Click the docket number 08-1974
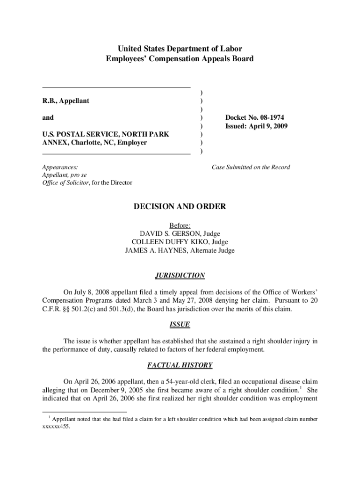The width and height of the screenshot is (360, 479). coord(268,117)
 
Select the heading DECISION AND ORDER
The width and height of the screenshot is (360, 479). coord(180,206)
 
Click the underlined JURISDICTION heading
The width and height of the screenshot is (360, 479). coord(180,276)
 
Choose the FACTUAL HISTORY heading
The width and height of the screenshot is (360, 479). coord(180,365)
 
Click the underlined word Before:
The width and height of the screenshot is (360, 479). coord(180,225)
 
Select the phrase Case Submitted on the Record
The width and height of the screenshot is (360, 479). coord(251,167)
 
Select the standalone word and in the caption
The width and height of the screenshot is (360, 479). coord(48,117)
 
